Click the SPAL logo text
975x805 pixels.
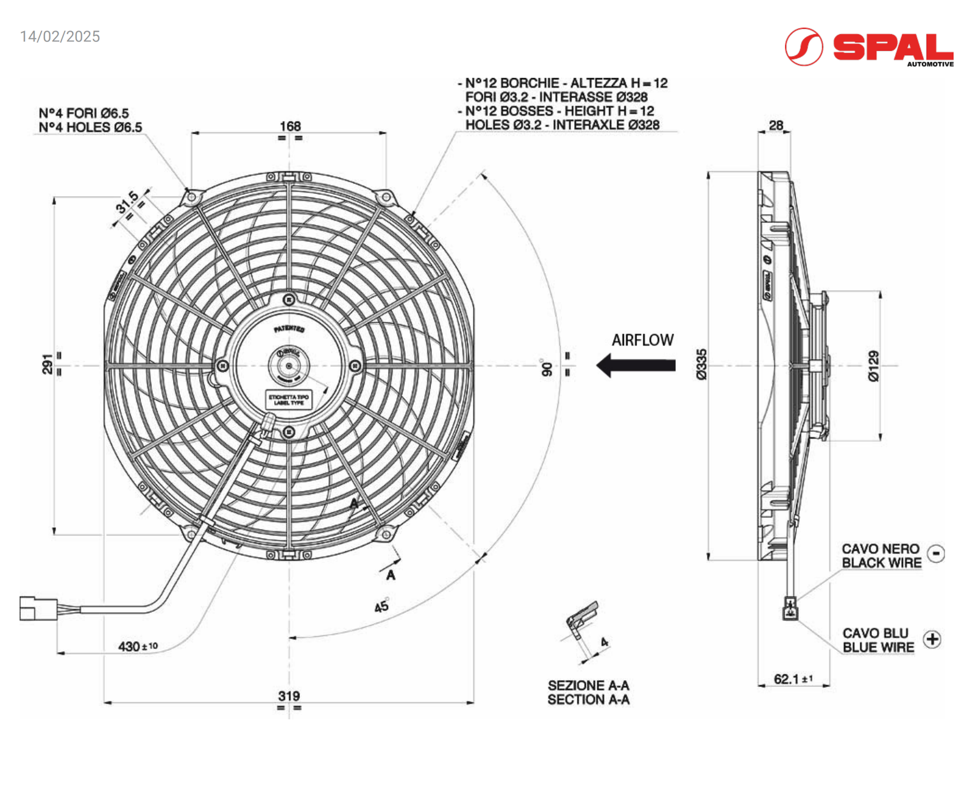(x=892, y=47)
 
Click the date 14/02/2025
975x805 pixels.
(x=60, y=37)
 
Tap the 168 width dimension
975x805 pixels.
(x=290, y=126)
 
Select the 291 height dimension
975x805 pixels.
(x=47, y=364)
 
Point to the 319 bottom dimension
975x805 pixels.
(x=289, y=696)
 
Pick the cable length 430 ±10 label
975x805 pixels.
(x=138, y=646)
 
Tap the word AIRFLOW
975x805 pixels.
(x=642, y=340)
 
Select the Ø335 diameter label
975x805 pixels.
(x=701, y=364)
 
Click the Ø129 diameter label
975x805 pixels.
(x=874, y=366)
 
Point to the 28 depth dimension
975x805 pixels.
(x=776, y=126)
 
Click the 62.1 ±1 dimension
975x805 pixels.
(x=793, y=679)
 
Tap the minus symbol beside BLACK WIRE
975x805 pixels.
(x=936, y=553)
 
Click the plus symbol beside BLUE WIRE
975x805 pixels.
(x=932, y=639)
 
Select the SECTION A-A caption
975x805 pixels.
(x=588, y=700)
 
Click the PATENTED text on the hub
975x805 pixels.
(x=289, y=329)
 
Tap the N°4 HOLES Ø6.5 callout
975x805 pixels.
(x=90, y=127)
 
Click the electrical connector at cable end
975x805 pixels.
(x=38, y=608)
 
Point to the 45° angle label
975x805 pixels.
(x=381, y=606)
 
